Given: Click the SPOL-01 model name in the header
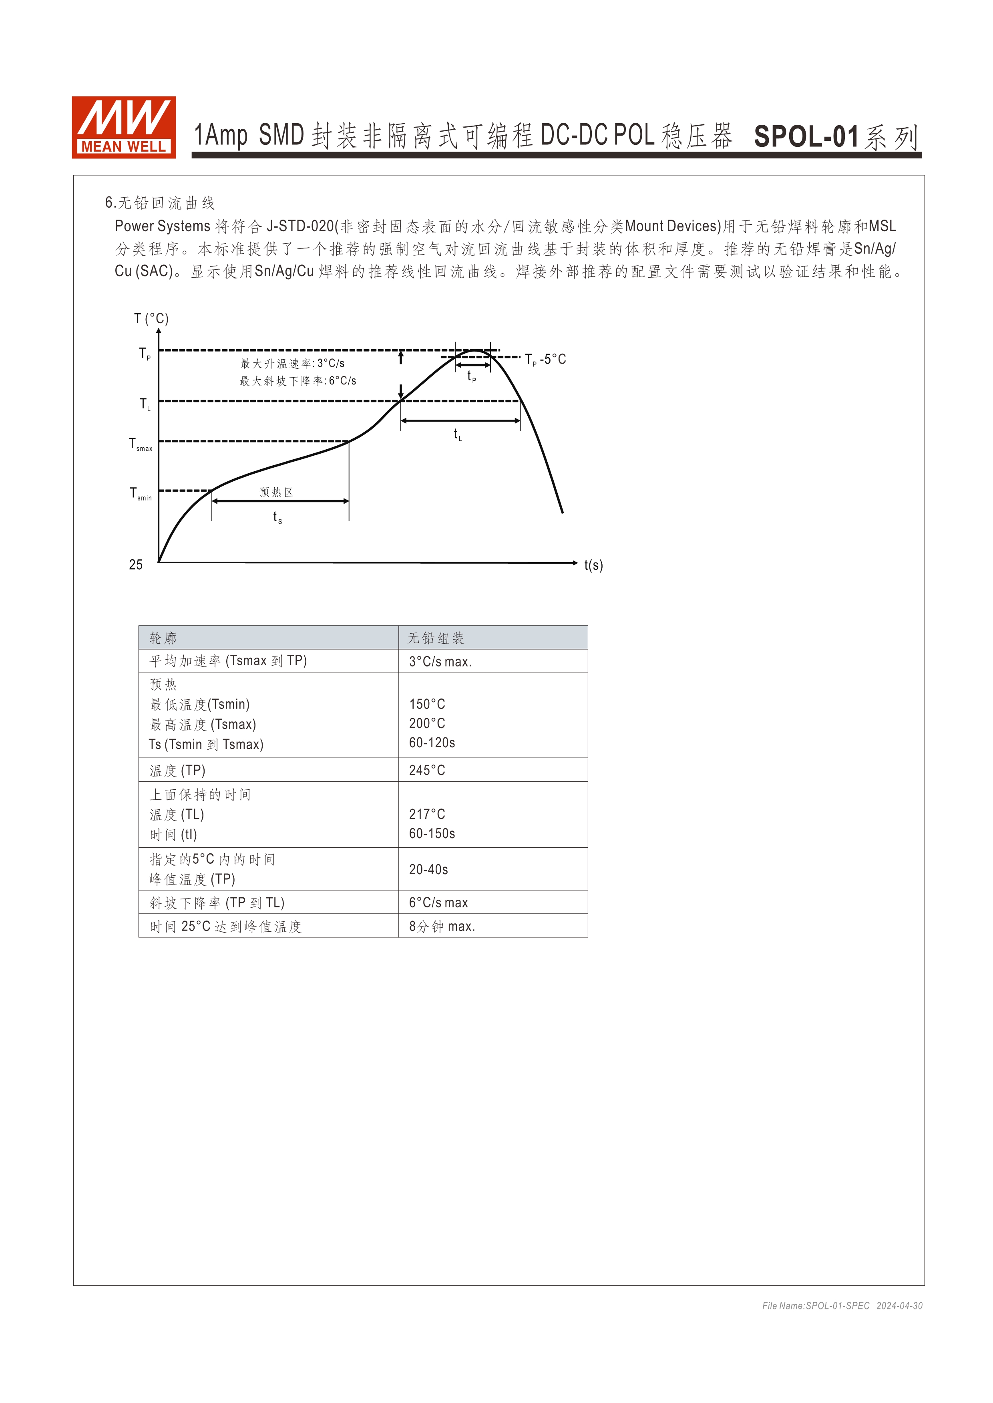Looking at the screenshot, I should [x=806, y=136].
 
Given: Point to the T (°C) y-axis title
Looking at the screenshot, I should [x=151, y=318].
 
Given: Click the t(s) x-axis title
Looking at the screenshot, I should [x=593, y=565].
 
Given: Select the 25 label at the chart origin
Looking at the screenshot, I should [x=136, y=564].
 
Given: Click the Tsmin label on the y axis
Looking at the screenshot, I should [x=141, y=494].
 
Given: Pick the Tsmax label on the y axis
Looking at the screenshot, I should [x=141, y=444].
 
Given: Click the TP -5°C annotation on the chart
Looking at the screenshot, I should [x=545, y=359].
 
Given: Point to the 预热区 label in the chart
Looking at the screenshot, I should [x=276, y=492].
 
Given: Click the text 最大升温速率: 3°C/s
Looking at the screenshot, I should [x=292, y=364].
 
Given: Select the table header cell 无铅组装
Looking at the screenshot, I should [x=436, y=638].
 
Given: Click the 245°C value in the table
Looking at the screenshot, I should [x=427, y=771].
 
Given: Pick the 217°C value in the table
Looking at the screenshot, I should [x=427, y=814].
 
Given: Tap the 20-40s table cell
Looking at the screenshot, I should [x=428, y=870].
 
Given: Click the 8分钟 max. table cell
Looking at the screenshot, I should [x=442, y=927].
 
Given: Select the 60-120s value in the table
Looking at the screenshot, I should [x=432, y=743].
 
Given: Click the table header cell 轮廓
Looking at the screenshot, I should [x=163, y=638].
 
